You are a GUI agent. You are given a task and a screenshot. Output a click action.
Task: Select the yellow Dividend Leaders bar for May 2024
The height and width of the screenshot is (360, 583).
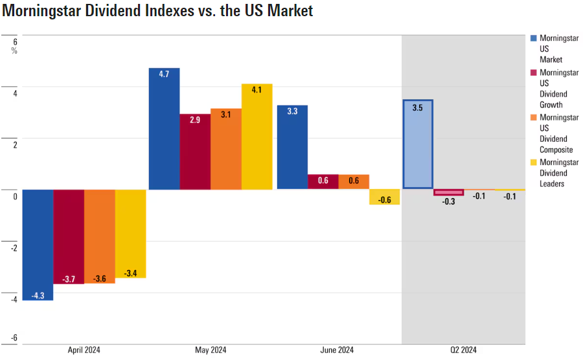(257, 137)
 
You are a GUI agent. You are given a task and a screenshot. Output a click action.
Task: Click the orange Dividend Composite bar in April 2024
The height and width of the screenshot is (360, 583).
(100, 236)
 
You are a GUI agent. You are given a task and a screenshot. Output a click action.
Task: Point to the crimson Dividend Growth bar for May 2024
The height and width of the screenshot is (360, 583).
(194, 152)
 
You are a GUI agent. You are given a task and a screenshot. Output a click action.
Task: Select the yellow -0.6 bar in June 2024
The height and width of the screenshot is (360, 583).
(385, 197)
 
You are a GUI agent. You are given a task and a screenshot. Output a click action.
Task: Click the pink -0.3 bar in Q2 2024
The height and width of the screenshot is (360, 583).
(448, 192)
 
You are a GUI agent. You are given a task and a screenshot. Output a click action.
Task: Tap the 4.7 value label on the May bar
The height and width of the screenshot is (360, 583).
(164, 74)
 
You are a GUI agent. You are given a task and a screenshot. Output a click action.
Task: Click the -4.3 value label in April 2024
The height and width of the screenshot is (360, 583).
(38, 295)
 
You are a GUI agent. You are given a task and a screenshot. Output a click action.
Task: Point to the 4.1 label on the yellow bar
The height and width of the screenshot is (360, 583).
(257, 90)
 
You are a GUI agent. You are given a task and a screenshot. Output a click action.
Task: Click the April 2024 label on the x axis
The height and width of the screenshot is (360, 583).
(84, 350)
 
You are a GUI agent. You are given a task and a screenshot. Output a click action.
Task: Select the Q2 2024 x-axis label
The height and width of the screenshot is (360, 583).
(463, 350)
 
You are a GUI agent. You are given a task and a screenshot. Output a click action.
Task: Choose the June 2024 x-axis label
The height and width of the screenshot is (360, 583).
(337, 350)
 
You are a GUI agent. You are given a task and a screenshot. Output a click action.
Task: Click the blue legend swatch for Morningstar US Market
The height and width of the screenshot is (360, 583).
(533, 38)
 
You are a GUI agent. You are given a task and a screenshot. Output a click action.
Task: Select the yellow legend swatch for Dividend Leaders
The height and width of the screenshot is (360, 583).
(533, 163)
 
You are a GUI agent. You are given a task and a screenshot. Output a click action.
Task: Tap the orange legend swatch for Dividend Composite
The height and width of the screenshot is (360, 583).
(533, 117)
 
